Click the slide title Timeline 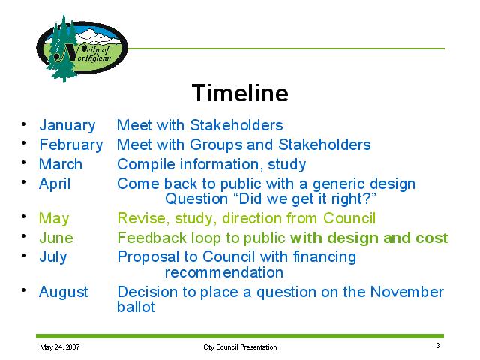(x=240, y=93)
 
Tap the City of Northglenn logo (x=82, y=47)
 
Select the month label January (x=67, y=125)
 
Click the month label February (x=71, y=145)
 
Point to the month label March (x=61, y=164)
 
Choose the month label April (x=55, y=184)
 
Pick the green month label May (x=54, y=219)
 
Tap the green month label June (x=56, y=238)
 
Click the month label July (x=53, y=257)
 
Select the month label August (x=63, y=292)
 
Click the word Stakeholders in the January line (x=236, y=125)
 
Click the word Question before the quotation (x=196, y=199)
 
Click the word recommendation (x=224, y=272)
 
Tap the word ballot (x=136, y=307)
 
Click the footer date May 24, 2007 (x=60, y=346)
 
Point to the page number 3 (x=438, y=345)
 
